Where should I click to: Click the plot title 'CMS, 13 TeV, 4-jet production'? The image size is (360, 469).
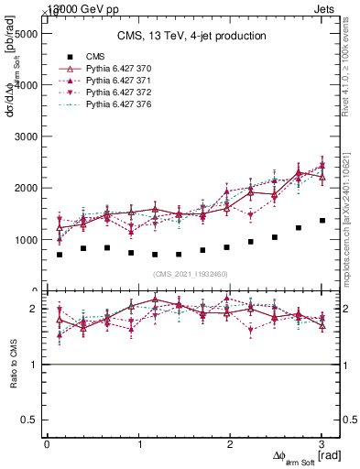click(x=191, y=37)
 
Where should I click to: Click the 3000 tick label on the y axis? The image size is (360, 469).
click(x=26, y=136)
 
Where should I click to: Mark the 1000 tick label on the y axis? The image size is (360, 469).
click(x=26, y=240)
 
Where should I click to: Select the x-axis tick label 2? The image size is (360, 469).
click(x=231, y=444)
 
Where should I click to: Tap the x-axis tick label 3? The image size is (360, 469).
click(x=322, y=444)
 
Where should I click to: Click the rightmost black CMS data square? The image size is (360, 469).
click(x=322, y=221)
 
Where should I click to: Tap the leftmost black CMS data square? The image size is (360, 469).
click(x=60, y=255)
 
